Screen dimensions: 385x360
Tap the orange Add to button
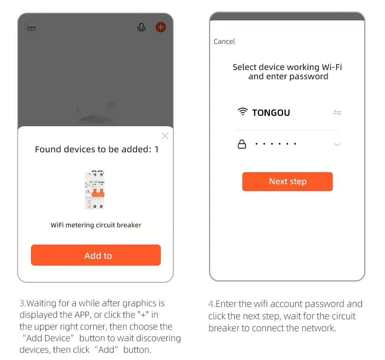(x=96, y=255)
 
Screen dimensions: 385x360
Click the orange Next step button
(x=287, y=182)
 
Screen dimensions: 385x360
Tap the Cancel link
(x=224, y=42)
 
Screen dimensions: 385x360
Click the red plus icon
(x=161, y=27)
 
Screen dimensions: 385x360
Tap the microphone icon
(x=141, y=27)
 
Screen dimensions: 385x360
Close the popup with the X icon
(x=165, y=136)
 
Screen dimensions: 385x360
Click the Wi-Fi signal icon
(x=243, y=112)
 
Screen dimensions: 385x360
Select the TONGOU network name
(x=271, y=113)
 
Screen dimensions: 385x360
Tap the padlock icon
(x=242, y=144)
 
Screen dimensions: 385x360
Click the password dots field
(x=276, y=144)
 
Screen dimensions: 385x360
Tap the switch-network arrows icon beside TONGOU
(x=337, y=113)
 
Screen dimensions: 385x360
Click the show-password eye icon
(x=337, y=145)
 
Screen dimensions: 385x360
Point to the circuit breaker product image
(x=95, y=190)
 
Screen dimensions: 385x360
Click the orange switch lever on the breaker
(x=98, y=193)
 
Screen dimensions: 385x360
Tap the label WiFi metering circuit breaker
(x=96, y=225)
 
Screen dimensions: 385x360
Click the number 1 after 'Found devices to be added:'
(x=156, y=149)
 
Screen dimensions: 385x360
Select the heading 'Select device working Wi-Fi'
(x=287, y=67)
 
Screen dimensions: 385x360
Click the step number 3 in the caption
(x=22, y=303)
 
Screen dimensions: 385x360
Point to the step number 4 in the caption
(x=211, y=304)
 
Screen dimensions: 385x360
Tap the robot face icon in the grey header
(x=31, y=28)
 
